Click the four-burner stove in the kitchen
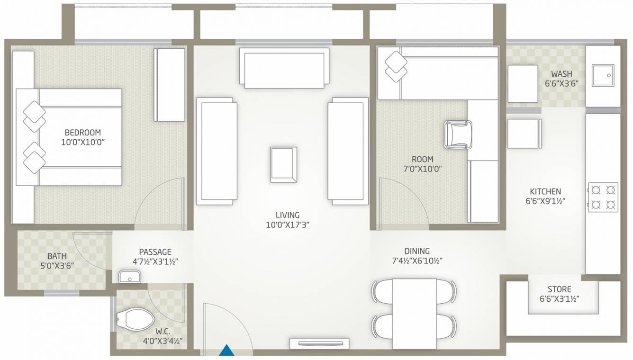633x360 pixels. pyautogui.click(x=603, y=196)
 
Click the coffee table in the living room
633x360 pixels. pyautogui.click(x=283, y=164)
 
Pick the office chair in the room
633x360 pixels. pyautogui.click(x=458, y=134)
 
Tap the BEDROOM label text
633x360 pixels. pyautogui.click(x=83, y=133)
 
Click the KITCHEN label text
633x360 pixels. pyautogui.click(x=545, y=191)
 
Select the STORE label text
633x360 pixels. pyautogui.click(x=559, y=289)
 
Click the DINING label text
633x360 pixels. pyautogui.click(x=417, y=251)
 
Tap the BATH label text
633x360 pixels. pyautogui.click(x=57, y=256)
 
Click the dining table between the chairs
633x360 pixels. pyautogui.click(x=415, y=313)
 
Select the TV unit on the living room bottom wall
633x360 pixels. pyautogui.click(x=319, y=344)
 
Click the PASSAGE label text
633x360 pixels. pyautogui.click(x=155, y=252)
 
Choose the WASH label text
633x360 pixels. pyautogui.click(x=561, y=74)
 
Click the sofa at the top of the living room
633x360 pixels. pyautogui.click(x=284, y=67)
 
